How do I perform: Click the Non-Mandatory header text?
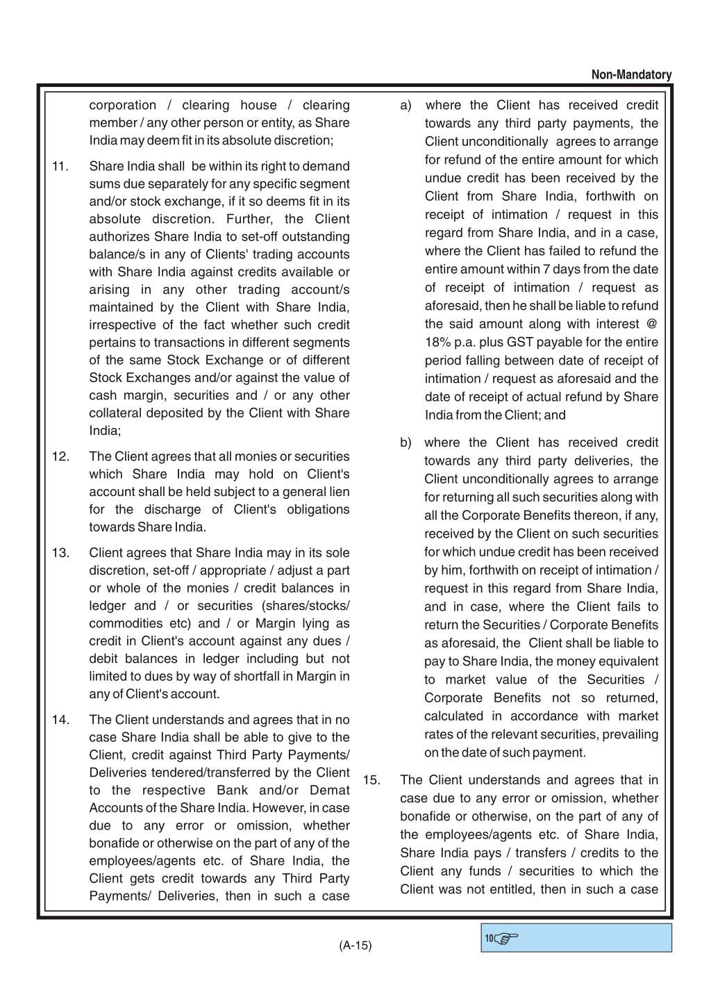631,75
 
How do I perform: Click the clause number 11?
60,167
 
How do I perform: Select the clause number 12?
60,457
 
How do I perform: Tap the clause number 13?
60,553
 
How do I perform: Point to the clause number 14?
60,720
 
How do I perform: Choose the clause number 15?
371,780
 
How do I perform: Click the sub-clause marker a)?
406,106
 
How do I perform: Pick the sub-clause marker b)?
406,443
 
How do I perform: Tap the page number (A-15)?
355,945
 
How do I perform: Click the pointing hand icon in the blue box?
507,939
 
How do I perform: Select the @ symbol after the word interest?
651,324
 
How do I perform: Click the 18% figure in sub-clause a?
437,343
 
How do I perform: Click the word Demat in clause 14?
330,791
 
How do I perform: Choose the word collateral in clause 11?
115,413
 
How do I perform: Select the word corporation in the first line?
123,106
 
